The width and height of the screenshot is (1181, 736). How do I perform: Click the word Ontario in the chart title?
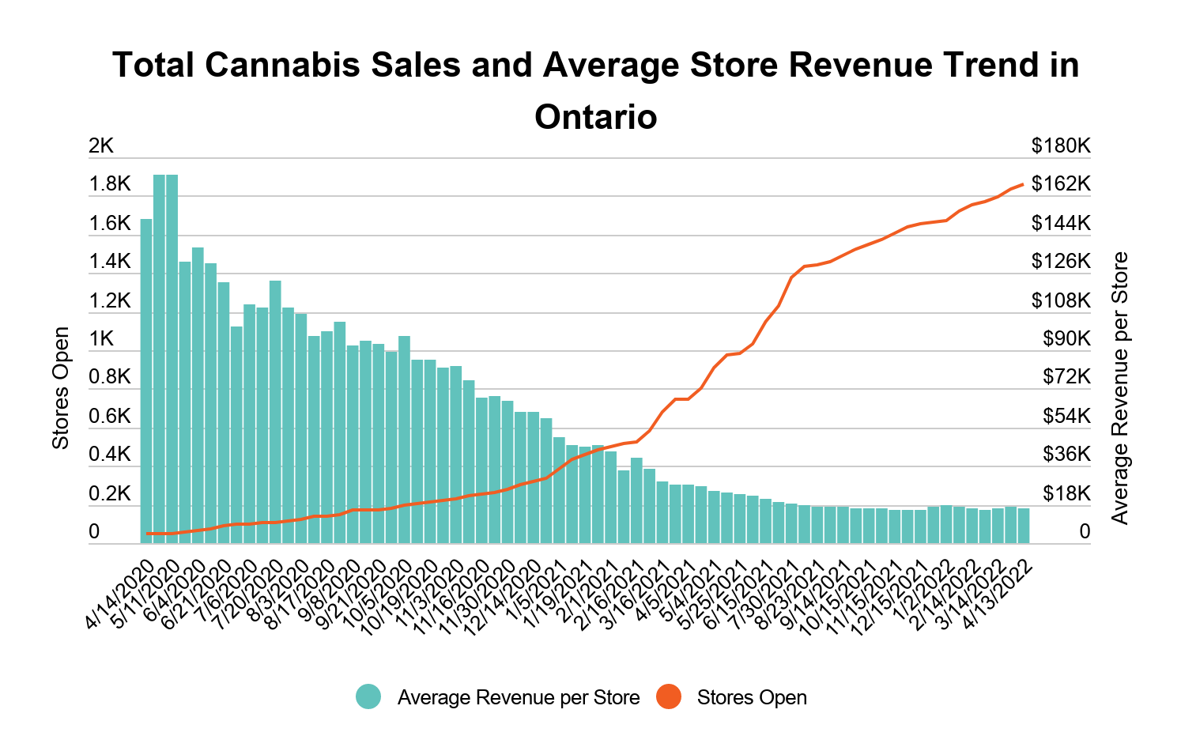pyautogui.click(x=595, y=117)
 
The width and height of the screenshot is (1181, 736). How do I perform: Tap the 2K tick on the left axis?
pyautogui.click(x=101, y=145)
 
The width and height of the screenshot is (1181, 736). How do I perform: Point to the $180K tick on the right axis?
pyautogui.click(x=1061, y=145)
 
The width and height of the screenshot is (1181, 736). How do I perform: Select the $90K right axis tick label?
pyautogui.click(x=1066, y=338)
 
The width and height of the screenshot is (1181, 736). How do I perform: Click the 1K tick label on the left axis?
pyautogui.click(x=101, y=338)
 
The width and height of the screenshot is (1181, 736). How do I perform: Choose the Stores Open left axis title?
pyautogui.click(x=61, y=387)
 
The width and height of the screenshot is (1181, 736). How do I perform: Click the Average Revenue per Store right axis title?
pyautogui.click(x=1119, y=387)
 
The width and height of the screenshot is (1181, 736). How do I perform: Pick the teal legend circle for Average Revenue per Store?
pyautogui.click(x=368, y=697)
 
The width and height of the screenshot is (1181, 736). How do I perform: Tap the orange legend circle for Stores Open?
pyautogui.click(x=669, y=697)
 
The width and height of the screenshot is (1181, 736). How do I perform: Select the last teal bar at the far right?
pyautogui.click(x=1024, y=526)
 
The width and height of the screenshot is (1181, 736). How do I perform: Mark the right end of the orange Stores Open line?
pyautogui.click(x=1024, y=184)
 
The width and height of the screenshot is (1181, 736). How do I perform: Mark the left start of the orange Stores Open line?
pyautogui.click(x=147, y=534)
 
